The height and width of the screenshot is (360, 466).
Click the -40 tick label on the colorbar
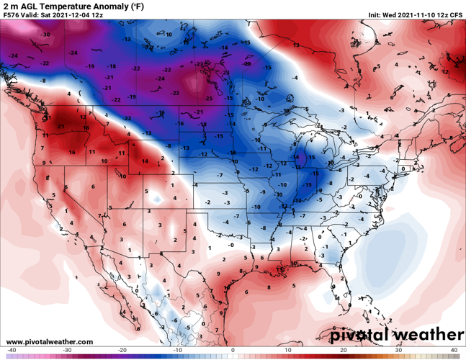click(x=9, y=350)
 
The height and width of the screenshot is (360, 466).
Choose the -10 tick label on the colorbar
click(x=176, y=350)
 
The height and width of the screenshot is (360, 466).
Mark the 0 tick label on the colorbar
click(x=233, y=350)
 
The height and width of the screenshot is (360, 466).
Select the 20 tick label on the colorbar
click(x=344, y=350)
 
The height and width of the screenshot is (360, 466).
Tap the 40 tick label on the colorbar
click(x=454, y=350)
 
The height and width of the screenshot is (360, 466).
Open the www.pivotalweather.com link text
click(x=50, y=341)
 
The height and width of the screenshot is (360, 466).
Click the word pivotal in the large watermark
click(x=367, y=335)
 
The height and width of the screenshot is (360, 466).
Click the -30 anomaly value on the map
click(x=46, y=34)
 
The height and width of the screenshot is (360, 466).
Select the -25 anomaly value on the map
click(x=209, y=97)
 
